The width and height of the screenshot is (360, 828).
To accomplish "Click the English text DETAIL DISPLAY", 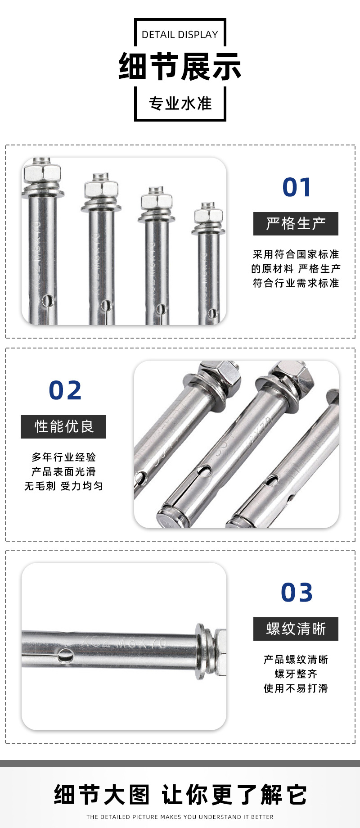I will coord(180,35).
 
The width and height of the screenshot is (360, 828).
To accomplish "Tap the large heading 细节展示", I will coord(180,67).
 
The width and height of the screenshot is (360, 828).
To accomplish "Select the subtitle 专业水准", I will coord(180,104).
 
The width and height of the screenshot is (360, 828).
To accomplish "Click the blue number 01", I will coord(297,188).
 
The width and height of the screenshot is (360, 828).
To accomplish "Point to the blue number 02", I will coord(65,390).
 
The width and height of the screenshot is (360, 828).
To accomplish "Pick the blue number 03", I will coord(297,593).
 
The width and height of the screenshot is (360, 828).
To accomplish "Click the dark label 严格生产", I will coord(296,224).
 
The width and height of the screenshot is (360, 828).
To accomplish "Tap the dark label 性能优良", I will coord(63,426).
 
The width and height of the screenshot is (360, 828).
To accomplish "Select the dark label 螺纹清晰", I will coord(296,629).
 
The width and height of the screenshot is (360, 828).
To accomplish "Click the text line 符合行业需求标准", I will coord(296,283).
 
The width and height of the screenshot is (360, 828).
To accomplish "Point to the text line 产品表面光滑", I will coord(63,472).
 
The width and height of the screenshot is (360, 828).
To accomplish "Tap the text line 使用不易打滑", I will coord(296,688).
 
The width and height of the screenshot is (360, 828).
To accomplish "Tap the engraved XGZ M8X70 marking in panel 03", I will coord(124,642).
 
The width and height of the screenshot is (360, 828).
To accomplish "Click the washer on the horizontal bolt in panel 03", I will coord(201,651).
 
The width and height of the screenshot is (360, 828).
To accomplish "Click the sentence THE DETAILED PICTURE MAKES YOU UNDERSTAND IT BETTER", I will coord(180,817).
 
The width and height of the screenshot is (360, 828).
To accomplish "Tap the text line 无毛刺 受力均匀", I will coord(63,486).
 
